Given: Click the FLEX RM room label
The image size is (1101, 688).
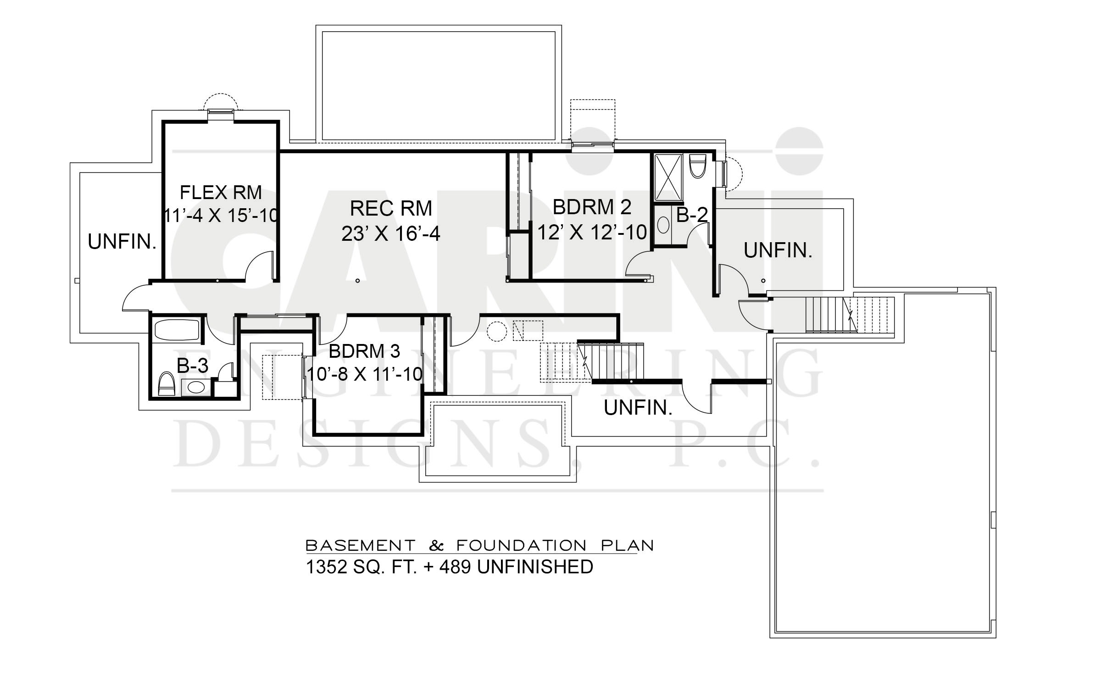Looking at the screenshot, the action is coord(221,193).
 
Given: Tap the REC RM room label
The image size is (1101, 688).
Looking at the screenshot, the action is coord(391,209).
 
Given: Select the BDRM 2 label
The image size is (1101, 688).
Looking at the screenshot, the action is coord(592,207).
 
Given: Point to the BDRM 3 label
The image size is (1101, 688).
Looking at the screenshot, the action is coord(364,351).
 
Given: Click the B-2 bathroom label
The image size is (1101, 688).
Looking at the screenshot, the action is coord(692,215).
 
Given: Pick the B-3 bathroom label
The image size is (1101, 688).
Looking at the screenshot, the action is coord(193,366).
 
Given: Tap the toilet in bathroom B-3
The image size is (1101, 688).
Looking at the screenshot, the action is coord(167,383).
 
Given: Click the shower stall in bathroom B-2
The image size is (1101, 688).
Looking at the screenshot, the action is coord(668,177).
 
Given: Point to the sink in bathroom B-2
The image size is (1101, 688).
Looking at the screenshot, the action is coord(663,225).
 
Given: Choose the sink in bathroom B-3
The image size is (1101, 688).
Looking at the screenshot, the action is coord(196,388).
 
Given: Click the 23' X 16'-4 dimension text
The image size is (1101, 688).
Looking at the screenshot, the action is coord(391,234).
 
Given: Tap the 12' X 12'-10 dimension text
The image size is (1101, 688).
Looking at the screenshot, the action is coord(592,233).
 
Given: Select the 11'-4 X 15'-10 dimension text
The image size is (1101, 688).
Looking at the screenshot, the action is coord(221,216).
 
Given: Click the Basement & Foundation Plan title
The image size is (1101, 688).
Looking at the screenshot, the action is coord(479,545).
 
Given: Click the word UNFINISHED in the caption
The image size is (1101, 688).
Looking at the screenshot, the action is coord(535,567).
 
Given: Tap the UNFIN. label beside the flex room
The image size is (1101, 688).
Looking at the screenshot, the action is coord(122,242).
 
